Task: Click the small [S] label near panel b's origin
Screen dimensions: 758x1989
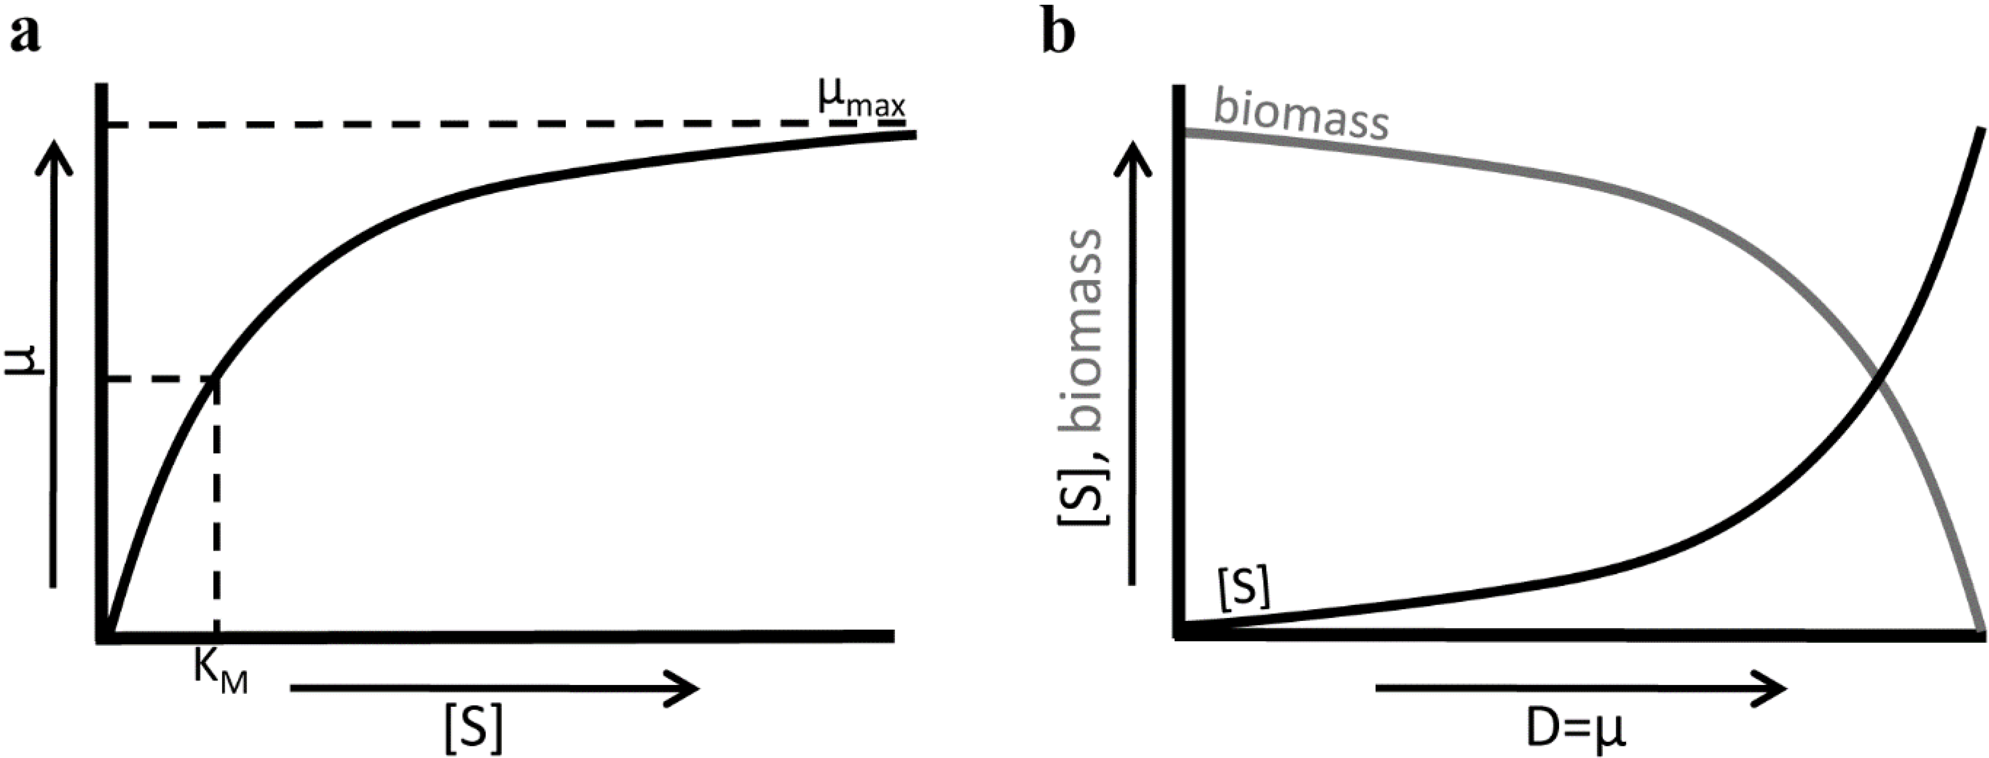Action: [x=1243, y=590]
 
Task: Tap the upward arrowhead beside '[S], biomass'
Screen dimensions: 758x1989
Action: [x=1132, y=154]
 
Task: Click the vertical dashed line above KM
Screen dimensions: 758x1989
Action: [x=217, y=509]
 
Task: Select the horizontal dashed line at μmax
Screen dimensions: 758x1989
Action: [x=463, y=124]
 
